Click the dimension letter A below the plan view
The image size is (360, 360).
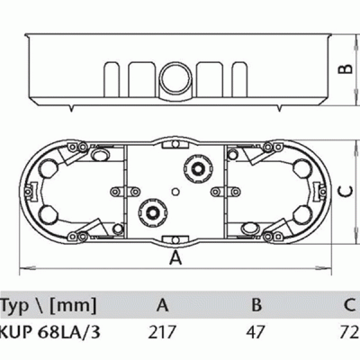click(x=175, y=258)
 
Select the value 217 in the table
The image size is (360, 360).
click(x=162, y=332)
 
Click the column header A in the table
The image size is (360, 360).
click(x=162, y=305)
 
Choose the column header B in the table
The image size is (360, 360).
click(x=256, y=305)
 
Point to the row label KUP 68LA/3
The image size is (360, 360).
click(x=49, y=332)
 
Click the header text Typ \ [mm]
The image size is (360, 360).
click(x=49, y=306)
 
